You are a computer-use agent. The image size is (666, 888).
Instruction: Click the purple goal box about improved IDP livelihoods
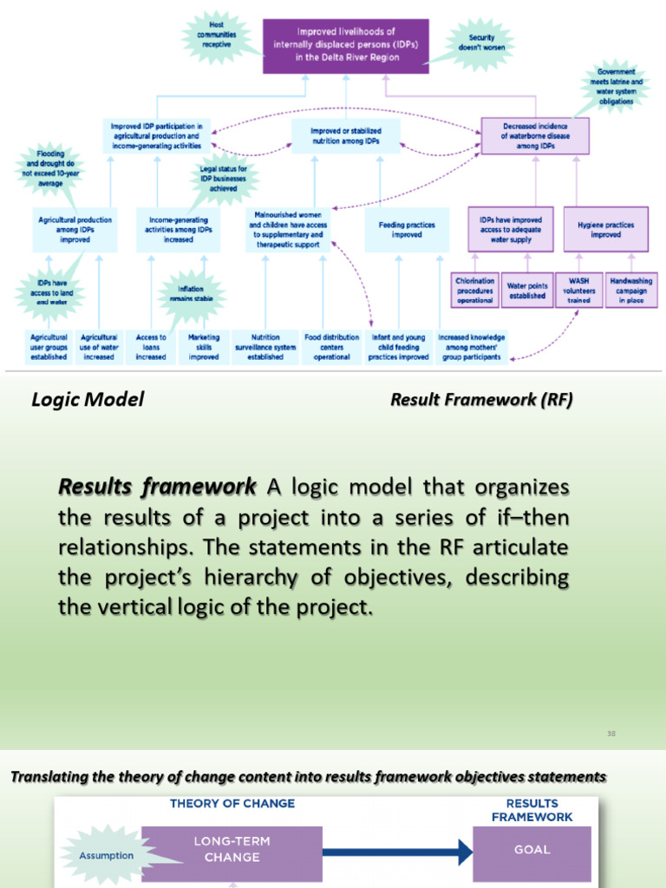tap(345, 45)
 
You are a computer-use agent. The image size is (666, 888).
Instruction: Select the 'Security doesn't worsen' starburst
tap(481, 42)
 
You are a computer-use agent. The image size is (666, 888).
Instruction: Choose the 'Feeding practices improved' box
tap(407, 229)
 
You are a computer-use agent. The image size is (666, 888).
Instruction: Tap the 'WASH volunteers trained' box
tap(579, 291)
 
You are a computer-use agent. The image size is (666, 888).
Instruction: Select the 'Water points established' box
tap(526, 291)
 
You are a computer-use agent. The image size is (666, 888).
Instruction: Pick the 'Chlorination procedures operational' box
tap(475, 291)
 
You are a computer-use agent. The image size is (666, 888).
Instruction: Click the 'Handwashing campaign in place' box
tap(632, 291)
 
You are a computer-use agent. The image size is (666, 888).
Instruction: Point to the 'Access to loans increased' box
tap(151, 347)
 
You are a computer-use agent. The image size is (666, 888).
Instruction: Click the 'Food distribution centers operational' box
tap(331, 347)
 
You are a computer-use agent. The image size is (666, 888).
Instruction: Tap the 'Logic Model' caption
tap(88, 400)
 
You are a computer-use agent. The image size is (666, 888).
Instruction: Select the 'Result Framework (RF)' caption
tap(481, 400)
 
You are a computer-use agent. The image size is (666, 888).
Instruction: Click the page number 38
tap(610, 734)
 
